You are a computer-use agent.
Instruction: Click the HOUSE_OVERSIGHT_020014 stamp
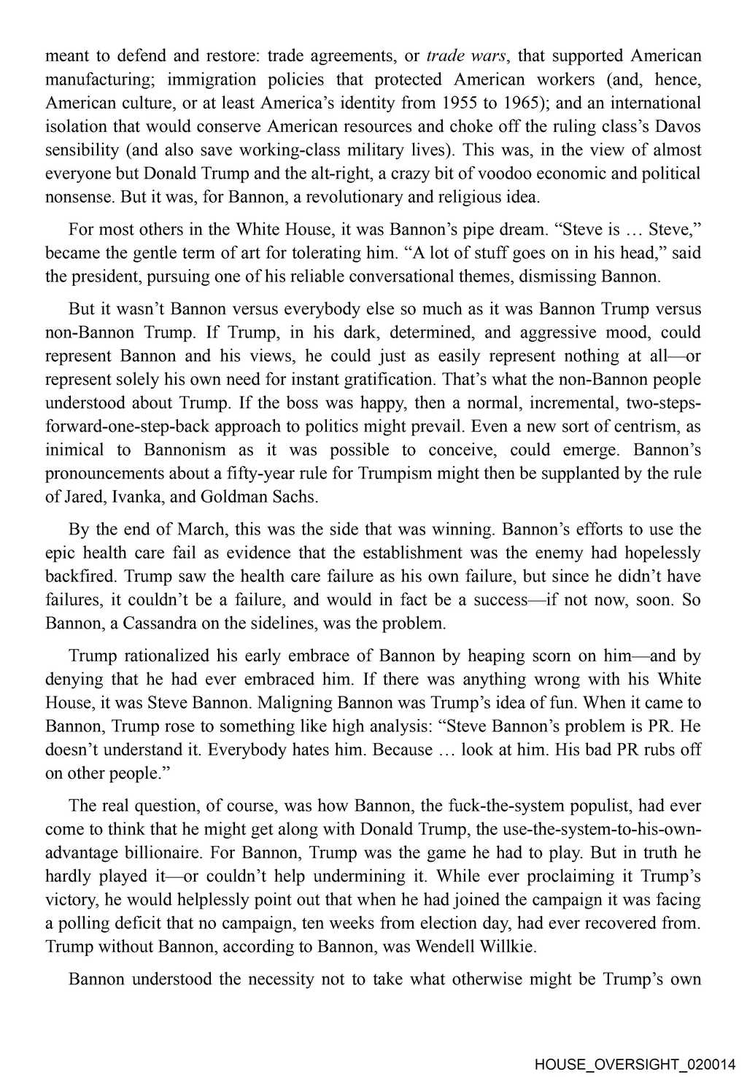pyautogui.click(x=639, y=1064)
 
